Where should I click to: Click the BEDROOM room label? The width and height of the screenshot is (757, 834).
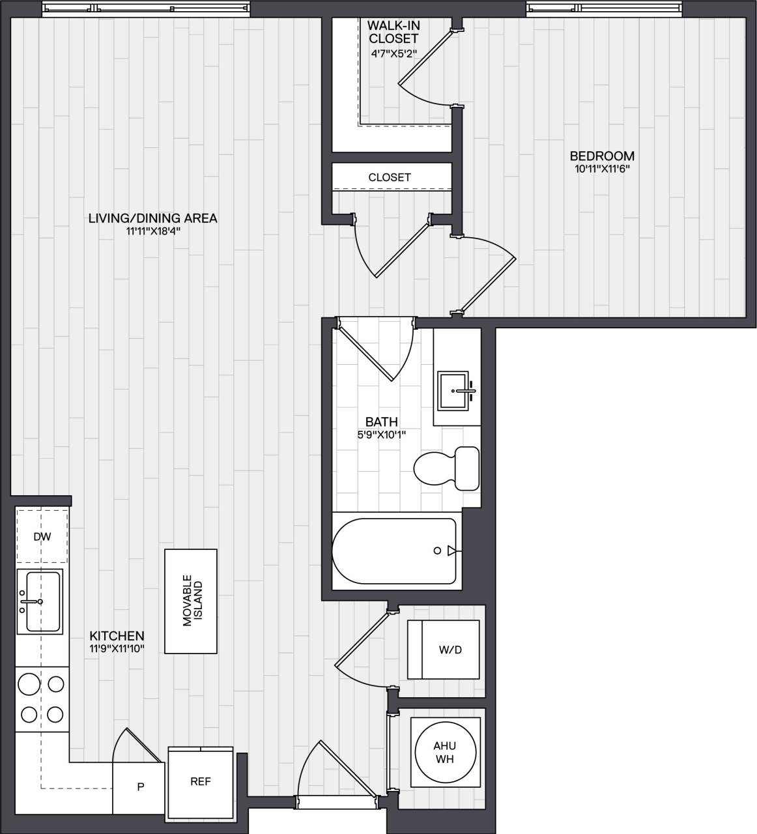coord(601,156)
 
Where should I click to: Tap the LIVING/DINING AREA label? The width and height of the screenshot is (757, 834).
coord(152,218)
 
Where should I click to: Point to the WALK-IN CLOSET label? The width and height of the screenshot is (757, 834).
coord(393,32)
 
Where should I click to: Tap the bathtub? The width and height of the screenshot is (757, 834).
coord(394,551)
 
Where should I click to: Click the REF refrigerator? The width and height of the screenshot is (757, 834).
coord(200,781)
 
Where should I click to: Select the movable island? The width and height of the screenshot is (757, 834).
coord(190,601)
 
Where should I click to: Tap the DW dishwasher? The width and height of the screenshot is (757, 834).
coord(42,537)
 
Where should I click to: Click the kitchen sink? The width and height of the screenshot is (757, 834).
coord(42,601)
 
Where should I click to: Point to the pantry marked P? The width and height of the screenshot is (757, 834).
coord(139,787)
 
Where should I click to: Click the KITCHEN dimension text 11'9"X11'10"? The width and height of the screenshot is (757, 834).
coord(117,648)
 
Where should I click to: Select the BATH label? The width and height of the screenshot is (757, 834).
coord(381,422)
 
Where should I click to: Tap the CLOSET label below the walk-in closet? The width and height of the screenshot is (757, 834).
coord(390,177)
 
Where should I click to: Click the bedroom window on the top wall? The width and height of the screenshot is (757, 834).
coord(603,8)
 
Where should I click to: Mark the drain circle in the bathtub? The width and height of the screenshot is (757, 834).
coord(438,551)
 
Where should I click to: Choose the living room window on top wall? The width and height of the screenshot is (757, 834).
coord(145,8)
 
